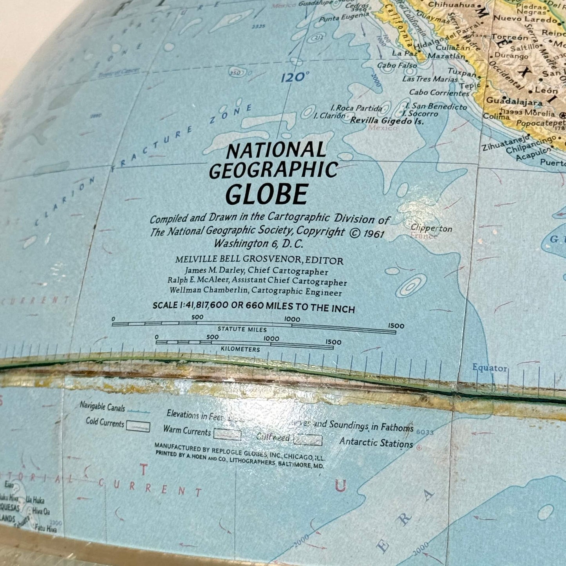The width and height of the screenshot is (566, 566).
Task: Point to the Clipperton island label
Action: click(431, 228)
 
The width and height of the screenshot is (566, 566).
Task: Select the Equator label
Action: click(489, 368)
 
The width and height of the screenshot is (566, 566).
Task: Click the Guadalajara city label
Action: click(514, 101)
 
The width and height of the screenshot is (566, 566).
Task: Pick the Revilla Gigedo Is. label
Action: click(387, 121)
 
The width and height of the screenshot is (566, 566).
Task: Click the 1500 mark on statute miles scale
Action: click(396, 326)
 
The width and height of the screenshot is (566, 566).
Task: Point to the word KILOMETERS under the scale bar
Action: click(240, 349)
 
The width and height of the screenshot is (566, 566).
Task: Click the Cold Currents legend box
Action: click(138, 427)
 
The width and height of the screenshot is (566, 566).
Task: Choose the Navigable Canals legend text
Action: click(102, 407)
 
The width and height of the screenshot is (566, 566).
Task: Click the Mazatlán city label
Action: click(446, 56)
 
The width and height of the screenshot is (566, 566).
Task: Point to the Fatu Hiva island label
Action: click(45, 528)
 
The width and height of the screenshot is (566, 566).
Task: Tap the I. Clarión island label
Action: click(329, 116)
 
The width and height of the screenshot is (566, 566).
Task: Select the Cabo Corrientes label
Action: click(439, 93)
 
